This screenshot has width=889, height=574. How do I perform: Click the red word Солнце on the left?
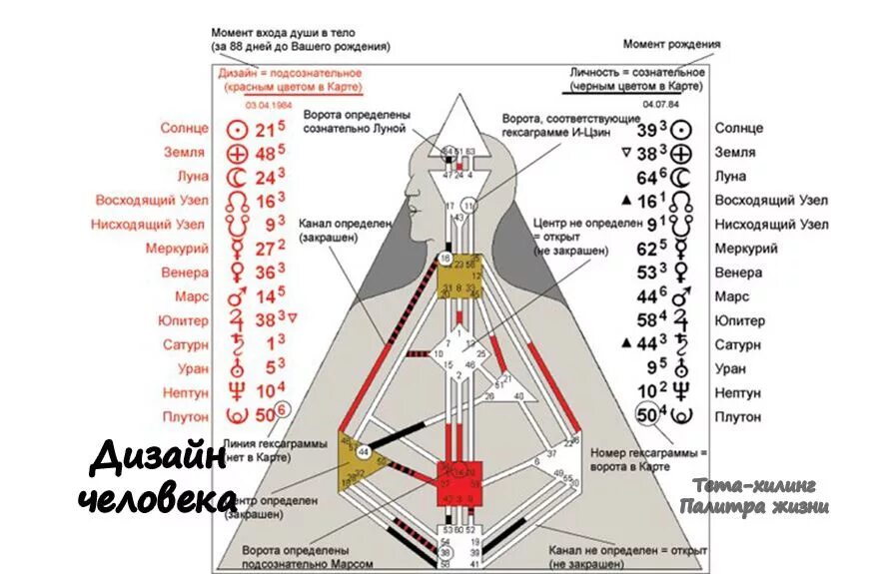[184, 129]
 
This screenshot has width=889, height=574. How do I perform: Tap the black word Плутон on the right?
[737, 417]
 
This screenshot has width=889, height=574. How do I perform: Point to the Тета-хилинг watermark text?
[755, 485]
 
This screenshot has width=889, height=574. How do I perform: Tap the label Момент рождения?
[671, 44]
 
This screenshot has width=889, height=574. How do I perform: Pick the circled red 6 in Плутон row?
[283, 408]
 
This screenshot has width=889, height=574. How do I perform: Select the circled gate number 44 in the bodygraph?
[363, 451]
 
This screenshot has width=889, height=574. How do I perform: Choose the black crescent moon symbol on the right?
[680, 177]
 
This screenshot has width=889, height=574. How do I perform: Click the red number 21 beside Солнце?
[265, 130]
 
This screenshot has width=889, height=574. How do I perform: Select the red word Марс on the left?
[191, 297]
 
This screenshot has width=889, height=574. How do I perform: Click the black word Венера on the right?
[738, 273]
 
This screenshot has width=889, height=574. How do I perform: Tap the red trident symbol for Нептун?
[237, 392]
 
